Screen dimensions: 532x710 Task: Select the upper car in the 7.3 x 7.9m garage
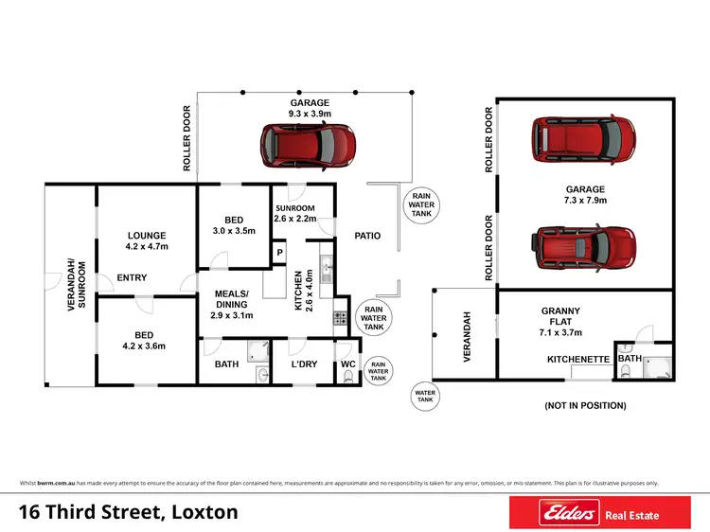click(582, 138)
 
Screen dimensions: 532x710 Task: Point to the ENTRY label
click(132, 277)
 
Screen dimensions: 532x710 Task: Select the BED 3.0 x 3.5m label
click(233, 227)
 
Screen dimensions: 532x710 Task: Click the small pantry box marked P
click(279, 253)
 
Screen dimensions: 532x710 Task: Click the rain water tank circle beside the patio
click(418, 205)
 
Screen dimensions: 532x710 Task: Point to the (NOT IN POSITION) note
click(585, 405)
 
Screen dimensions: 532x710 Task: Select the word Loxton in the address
click(202, 513)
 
